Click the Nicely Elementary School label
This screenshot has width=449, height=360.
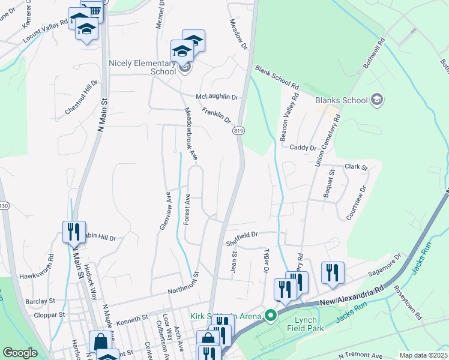pos(142,67)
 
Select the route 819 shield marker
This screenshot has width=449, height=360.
pos(239,131)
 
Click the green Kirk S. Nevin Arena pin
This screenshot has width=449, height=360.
pos(271,315)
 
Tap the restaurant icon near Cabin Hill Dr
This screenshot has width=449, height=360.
pos(74,232)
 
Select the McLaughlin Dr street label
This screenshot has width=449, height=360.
pos(217,97)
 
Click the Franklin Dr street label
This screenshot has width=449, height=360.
pos(216,115)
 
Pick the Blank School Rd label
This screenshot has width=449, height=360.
pos(277,77)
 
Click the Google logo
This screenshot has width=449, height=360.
pos(20,353)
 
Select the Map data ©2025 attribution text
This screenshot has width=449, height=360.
pos(423,355)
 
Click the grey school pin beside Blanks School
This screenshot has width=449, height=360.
pos(377,99)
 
